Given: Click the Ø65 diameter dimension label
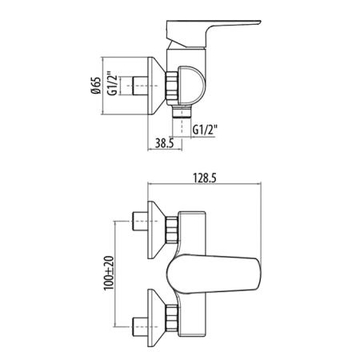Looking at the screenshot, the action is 96,86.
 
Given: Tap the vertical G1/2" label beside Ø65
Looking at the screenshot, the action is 112,83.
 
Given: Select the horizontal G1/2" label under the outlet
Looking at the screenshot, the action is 205,130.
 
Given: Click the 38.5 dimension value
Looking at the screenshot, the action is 165,143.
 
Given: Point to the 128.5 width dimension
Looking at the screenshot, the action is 205,178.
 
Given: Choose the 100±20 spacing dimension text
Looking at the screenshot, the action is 109,273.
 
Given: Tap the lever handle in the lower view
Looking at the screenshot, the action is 214,274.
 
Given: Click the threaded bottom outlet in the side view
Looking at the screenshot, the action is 182,111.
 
